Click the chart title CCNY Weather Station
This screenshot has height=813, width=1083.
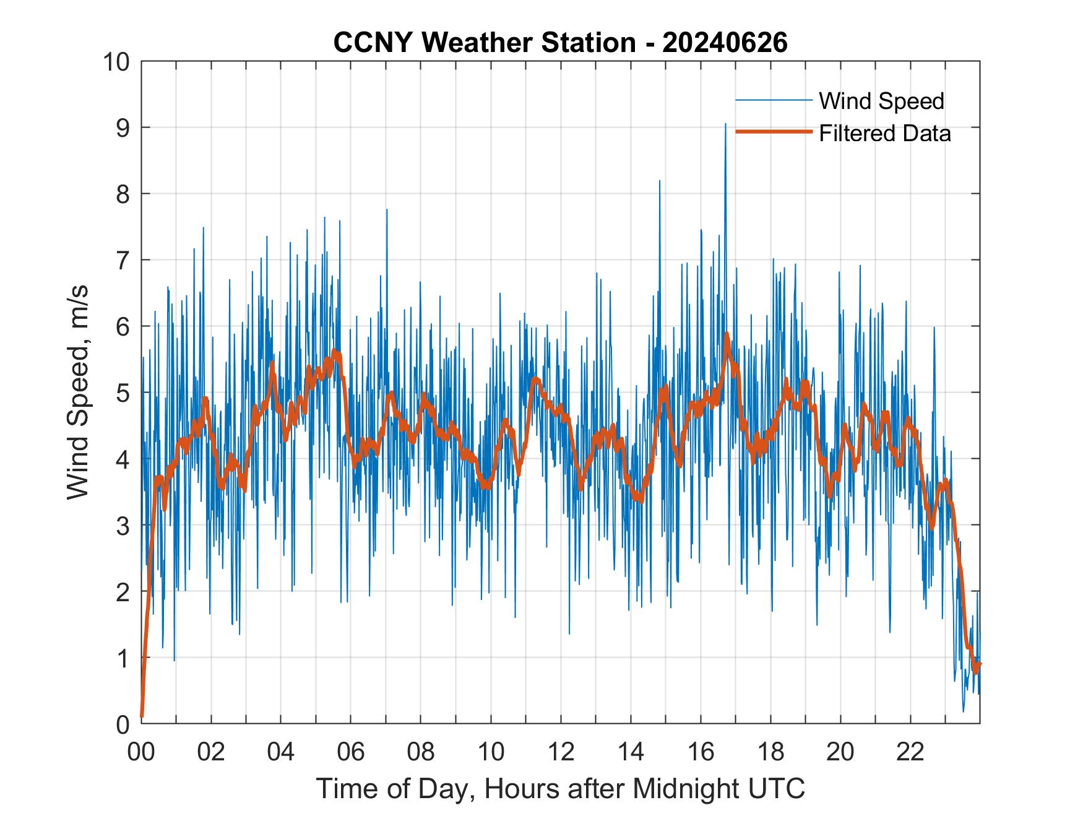pyautogui.click(x=484, y=43)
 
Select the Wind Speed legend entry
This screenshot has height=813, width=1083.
pyautogui.click(x=881, y=101)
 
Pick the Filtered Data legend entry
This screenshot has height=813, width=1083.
pyautogui.click(x=884, y=133)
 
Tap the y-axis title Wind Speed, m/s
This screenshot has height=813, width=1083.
pyautogui.click(x=78, y=392)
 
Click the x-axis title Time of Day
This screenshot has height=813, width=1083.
pyautogui.click(x=560, y=788)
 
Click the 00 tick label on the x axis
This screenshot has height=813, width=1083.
pyautogui.click(x=141, y=752)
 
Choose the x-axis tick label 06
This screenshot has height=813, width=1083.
pyautogui.click(x=351, y=752)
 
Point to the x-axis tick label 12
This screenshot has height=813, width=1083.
pyautogui.click(x=561, y=752)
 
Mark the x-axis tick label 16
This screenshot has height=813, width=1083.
pyautogui.click(x=701, y=752)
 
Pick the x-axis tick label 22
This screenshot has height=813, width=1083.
pyautogui.click(x=910, y=752)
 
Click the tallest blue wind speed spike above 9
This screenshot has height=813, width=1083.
pyautogui.click(x=725, y=125)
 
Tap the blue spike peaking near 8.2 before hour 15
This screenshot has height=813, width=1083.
pyautogui.click(x=660, y=182)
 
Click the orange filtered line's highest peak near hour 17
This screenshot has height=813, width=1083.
pyautogui.click(x=727, y=335)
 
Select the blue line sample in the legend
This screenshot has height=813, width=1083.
pyautogui.click(x=773, y=100)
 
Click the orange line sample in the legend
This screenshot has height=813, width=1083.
pyautogui.click(x=773, y=132)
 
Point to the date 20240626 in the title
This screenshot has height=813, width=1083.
pyautogui.click(x=725, y=43)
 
